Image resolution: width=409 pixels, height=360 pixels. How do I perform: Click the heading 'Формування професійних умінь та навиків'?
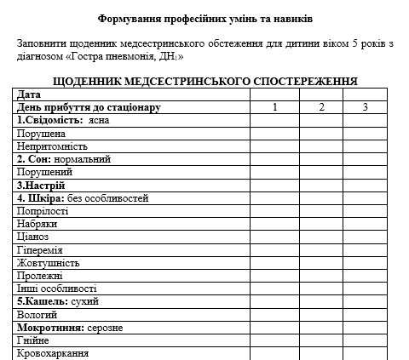204,18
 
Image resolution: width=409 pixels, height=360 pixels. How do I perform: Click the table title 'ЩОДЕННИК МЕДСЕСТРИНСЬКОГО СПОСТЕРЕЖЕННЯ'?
204,81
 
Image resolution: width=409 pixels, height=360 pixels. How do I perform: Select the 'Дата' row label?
29,94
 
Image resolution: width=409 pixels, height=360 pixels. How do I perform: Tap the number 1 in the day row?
274,107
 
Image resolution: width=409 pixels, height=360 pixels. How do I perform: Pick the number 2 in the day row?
321,107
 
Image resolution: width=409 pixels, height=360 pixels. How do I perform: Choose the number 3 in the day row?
365,107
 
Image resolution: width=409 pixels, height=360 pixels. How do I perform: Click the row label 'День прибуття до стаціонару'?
89,107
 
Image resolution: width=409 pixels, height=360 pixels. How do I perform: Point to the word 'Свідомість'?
52,120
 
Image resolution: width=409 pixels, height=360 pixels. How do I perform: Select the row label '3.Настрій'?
41,185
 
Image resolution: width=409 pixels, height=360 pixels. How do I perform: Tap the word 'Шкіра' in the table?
46,198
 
